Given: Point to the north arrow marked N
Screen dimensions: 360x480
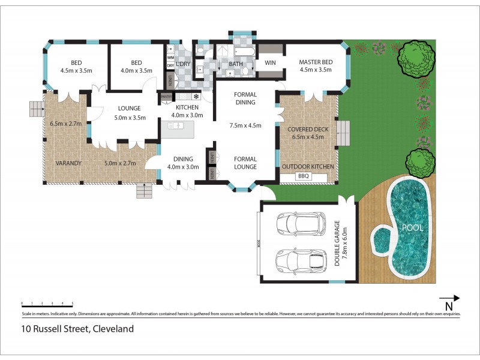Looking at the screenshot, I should point(449,298).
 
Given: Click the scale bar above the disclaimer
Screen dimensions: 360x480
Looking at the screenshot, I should point(47,304).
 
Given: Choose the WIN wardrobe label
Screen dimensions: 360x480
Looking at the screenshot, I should point(270,62).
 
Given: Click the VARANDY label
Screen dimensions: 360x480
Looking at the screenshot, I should point(69,163).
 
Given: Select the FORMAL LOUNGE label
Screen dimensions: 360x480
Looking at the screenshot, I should point(245,163).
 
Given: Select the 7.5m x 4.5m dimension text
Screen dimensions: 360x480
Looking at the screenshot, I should point(245,126).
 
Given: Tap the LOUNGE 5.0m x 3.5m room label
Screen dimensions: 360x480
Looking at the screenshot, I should point(129,113).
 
